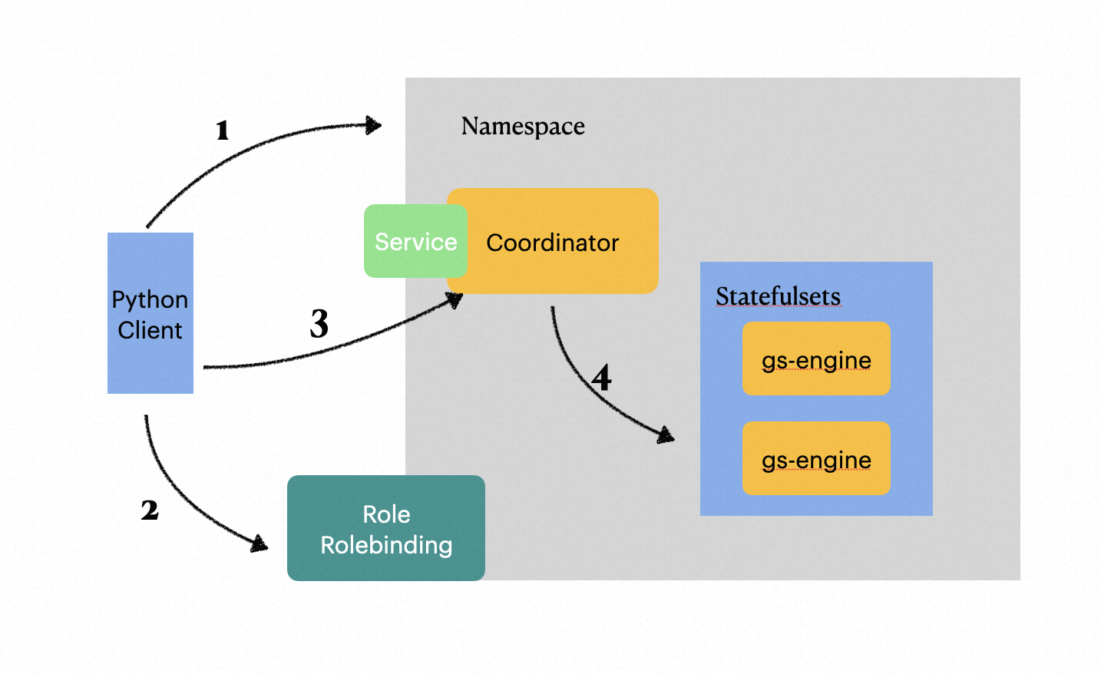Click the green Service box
point(415,241)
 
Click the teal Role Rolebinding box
point(385,528)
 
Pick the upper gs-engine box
point(816,359)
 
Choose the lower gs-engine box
point(816,459)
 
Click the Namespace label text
point(523,126)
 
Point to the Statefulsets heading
point(778,296)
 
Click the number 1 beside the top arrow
point(223,131)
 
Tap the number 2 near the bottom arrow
point(150,510)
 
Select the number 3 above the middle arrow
point(319,323)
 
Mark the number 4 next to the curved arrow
point(602,378)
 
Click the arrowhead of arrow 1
point(374,125)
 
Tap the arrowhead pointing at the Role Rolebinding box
point(260,543)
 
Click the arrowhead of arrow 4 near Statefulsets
point(666,435)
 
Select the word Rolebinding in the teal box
point(386,545)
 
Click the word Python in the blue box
point(150,299)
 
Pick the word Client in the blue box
point(150,330)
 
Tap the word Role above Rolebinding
point(386,514)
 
